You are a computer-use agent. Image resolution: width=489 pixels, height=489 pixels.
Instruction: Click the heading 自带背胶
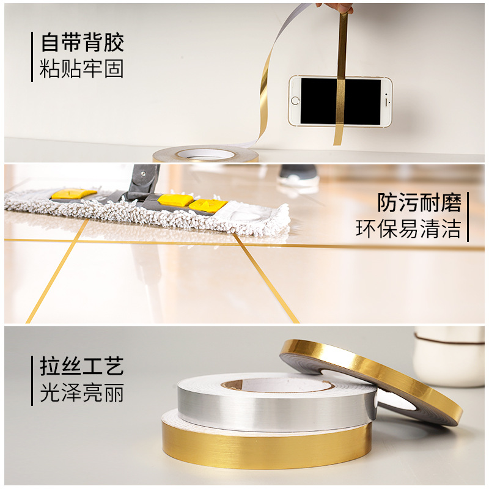coord(83,42)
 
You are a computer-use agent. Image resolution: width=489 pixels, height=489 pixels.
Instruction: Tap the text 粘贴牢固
coord(82,68)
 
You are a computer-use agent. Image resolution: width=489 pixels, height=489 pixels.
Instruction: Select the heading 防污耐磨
coord(419,202)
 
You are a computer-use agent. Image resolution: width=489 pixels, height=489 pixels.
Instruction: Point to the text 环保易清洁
coord(408,228)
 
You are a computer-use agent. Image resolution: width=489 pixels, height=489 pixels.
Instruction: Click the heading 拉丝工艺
coord(82,366)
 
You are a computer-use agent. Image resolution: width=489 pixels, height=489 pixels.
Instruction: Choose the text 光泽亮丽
coord(82,392)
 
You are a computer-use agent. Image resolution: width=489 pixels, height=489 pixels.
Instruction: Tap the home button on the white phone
coord(295,101)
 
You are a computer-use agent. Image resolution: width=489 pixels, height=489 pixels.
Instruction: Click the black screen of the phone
coord(340,101)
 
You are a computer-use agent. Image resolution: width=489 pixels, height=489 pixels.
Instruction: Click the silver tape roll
coord(276,401)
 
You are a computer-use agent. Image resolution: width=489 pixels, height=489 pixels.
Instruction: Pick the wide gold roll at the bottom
coord(267,443)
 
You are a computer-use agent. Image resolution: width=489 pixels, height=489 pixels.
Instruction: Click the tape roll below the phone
coord(206,154)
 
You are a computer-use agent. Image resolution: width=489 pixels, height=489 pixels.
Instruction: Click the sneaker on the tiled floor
coord(298,176)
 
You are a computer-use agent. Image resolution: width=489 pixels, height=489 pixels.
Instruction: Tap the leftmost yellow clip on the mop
coord(73,194)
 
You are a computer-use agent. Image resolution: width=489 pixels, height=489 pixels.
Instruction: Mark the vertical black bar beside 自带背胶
coord(32,57)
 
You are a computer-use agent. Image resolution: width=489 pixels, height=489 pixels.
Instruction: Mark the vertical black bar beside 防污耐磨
coord(468,217)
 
